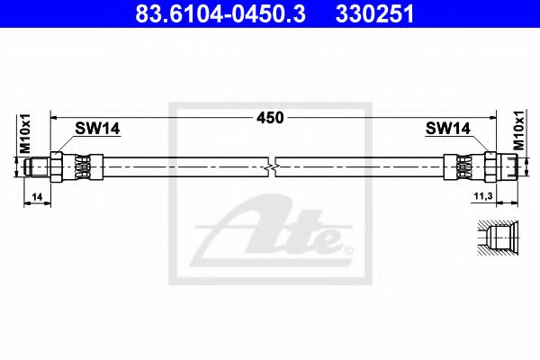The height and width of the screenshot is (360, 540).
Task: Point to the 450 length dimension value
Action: tap(271, 117)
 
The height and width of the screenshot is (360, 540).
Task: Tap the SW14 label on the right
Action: tap(447, 128)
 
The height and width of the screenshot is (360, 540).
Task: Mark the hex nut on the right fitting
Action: tap(490, 166)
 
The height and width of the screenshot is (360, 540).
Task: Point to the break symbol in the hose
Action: tap(273, 166)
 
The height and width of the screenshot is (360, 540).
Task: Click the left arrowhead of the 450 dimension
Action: tap(55, 117)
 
